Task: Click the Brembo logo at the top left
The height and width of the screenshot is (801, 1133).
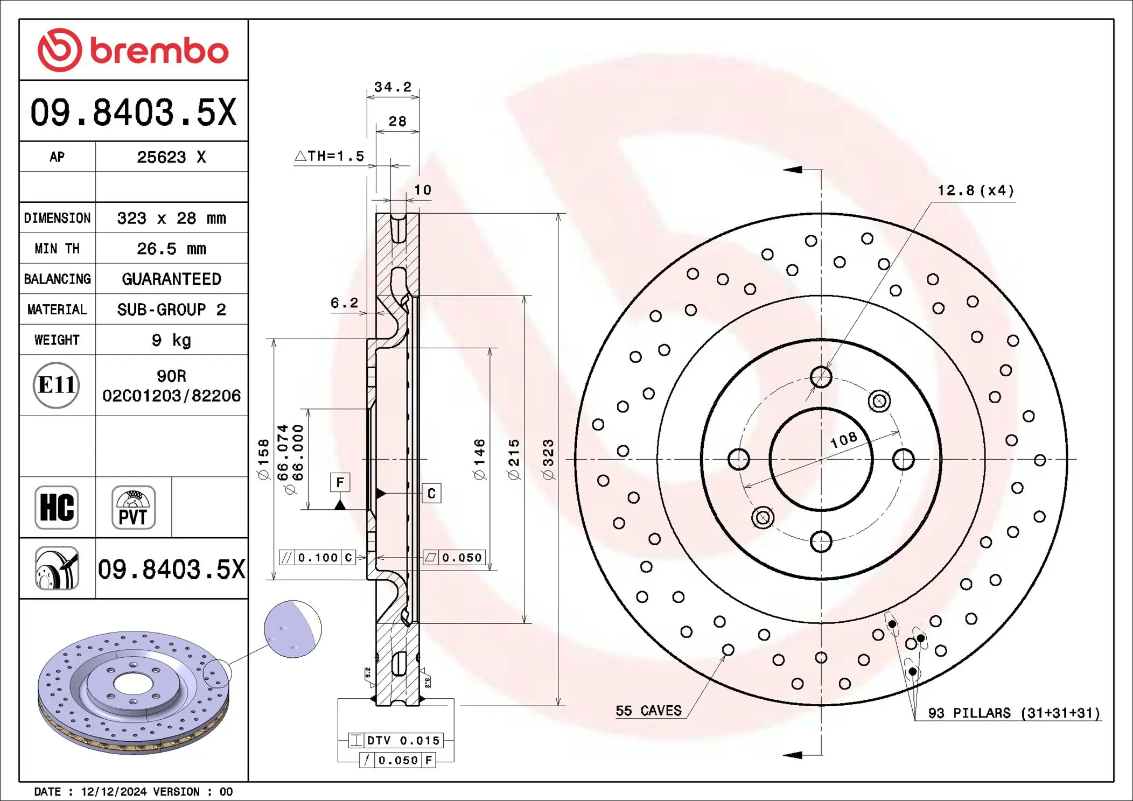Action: [x=133, y=50]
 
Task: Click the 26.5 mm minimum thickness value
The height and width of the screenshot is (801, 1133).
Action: [x=171, y=249]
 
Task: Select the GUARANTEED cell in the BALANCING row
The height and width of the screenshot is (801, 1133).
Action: [x=171, y=279]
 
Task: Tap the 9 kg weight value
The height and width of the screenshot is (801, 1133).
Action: [x=171, y=340]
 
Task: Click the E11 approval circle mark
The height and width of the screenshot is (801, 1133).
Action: [x=57, y=385]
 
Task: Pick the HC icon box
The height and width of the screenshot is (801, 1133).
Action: [x=57, y=508]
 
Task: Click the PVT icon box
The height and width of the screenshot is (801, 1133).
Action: [x=133, y=508]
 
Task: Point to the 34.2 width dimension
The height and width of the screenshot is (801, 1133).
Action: [x=393, y=87]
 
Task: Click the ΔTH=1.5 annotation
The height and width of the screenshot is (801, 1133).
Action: [x=330, y=156]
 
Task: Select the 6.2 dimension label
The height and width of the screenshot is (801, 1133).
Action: [x=344, y=303]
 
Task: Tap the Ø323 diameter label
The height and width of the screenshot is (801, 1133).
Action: [x=548, y=459]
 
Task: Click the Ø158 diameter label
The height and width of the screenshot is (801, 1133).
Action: [x=263, y=459]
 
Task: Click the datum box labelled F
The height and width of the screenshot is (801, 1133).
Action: [x=340, y=482]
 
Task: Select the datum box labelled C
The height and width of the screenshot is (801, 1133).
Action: [x=431, y=494]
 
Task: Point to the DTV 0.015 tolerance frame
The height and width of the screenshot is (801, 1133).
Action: [x=396, y=741]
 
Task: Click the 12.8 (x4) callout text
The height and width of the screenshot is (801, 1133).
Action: [x=975, y=191]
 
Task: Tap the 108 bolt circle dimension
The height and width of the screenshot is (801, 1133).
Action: [x=843, y=440]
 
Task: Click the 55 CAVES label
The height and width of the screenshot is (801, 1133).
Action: [x=648, y=711]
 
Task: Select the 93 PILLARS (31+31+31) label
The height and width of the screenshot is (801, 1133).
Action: [x=1013, y=713]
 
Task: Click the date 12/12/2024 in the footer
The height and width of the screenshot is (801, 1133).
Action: [x=114, y=792]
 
